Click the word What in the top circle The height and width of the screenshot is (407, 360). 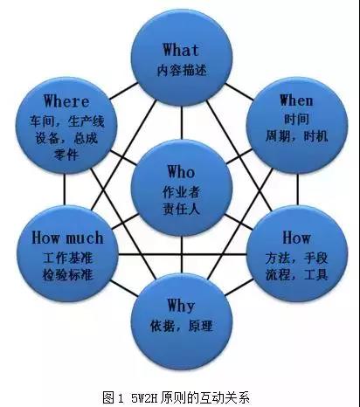point(181,50)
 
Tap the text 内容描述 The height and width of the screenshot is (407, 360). point(182,71)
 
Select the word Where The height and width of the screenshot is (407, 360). point(66,101)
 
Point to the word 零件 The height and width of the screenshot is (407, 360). point(66,155)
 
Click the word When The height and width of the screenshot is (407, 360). point(296,100)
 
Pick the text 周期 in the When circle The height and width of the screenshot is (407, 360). point(278,136)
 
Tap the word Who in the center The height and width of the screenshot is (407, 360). point(181,171)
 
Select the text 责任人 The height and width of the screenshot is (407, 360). point(181,209)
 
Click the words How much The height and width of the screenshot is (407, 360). point(67,238)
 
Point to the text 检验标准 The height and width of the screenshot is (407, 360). point(68,275)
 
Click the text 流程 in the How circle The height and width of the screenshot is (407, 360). point(278,275)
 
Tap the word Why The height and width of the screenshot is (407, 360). point(181,306)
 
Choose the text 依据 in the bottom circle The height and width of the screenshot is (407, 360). point(163,326)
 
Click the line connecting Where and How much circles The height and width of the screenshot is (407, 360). point(64,190)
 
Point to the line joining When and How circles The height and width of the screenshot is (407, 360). point(298,190)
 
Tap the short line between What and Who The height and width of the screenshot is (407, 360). point(182,123)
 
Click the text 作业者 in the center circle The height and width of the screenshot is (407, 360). point(181,192)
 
